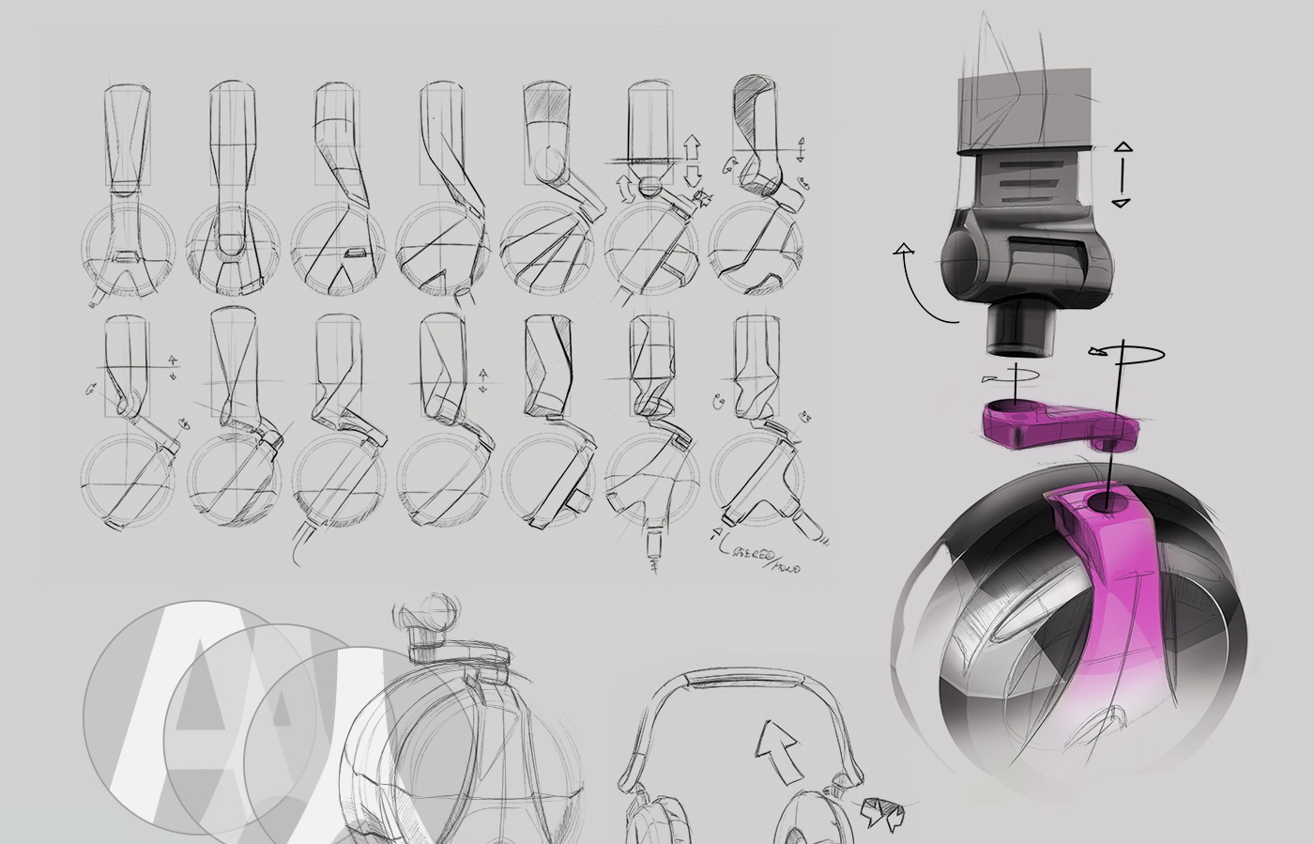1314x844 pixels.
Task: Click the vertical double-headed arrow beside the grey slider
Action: click(1123, 175)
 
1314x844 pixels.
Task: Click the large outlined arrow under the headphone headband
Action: click(778, 750)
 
